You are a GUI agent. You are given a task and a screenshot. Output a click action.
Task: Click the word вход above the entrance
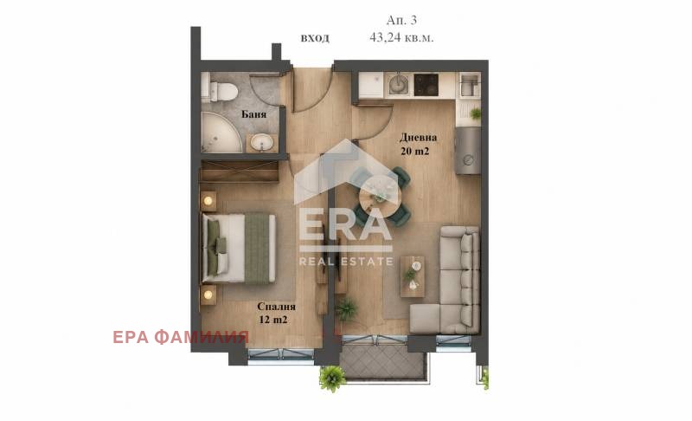[x=315, y=38]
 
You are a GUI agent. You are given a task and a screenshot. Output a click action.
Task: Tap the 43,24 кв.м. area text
[x=401, y=37]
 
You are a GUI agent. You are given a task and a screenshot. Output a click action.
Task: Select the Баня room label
[x=253, y=114]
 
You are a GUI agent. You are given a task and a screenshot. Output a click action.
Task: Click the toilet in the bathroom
[x=221, y=91]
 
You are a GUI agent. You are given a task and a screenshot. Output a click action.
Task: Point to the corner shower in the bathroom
[x=220, y=132]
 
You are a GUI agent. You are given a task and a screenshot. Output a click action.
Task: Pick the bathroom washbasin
[x=262, y=143]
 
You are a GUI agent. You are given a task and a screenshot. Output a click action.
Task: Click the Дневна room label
[x=418, y=137]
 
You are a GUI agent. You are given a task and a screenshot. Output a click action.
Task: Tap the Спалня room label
[x=276, y=306]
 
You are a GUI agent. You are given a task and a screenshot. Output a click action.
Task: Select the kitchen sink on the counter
[x=400, y=83]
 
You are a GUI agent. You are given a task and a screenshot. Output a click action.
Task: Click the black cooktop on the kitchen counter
[x=426, y=84]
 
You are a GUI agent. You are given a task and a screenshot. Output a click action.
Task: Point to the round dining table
[x=379, y=196]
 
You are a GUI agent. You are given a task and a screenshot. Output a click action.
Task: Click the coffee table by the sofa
[x=413, y=276]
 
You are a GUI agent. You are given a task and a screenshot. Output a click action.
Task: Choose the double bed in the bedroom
[x=239, y=249]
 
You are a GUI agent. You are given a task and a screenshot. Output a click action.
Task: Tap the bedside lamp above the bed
[x=208, y=202]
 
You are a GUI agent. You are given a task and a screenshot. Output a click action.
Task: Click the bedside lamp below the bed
[x=208, y=295]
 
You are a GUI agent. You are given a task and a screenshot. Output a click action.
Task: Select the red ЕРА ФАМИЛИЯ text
[x=181, y=338]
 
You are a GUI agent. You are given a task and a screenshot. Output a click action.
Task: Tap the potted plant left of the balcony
[x=331, y=379]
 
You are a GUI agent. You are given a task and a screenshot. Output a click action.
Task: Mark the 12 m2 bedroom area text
[x=273, y=320]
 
